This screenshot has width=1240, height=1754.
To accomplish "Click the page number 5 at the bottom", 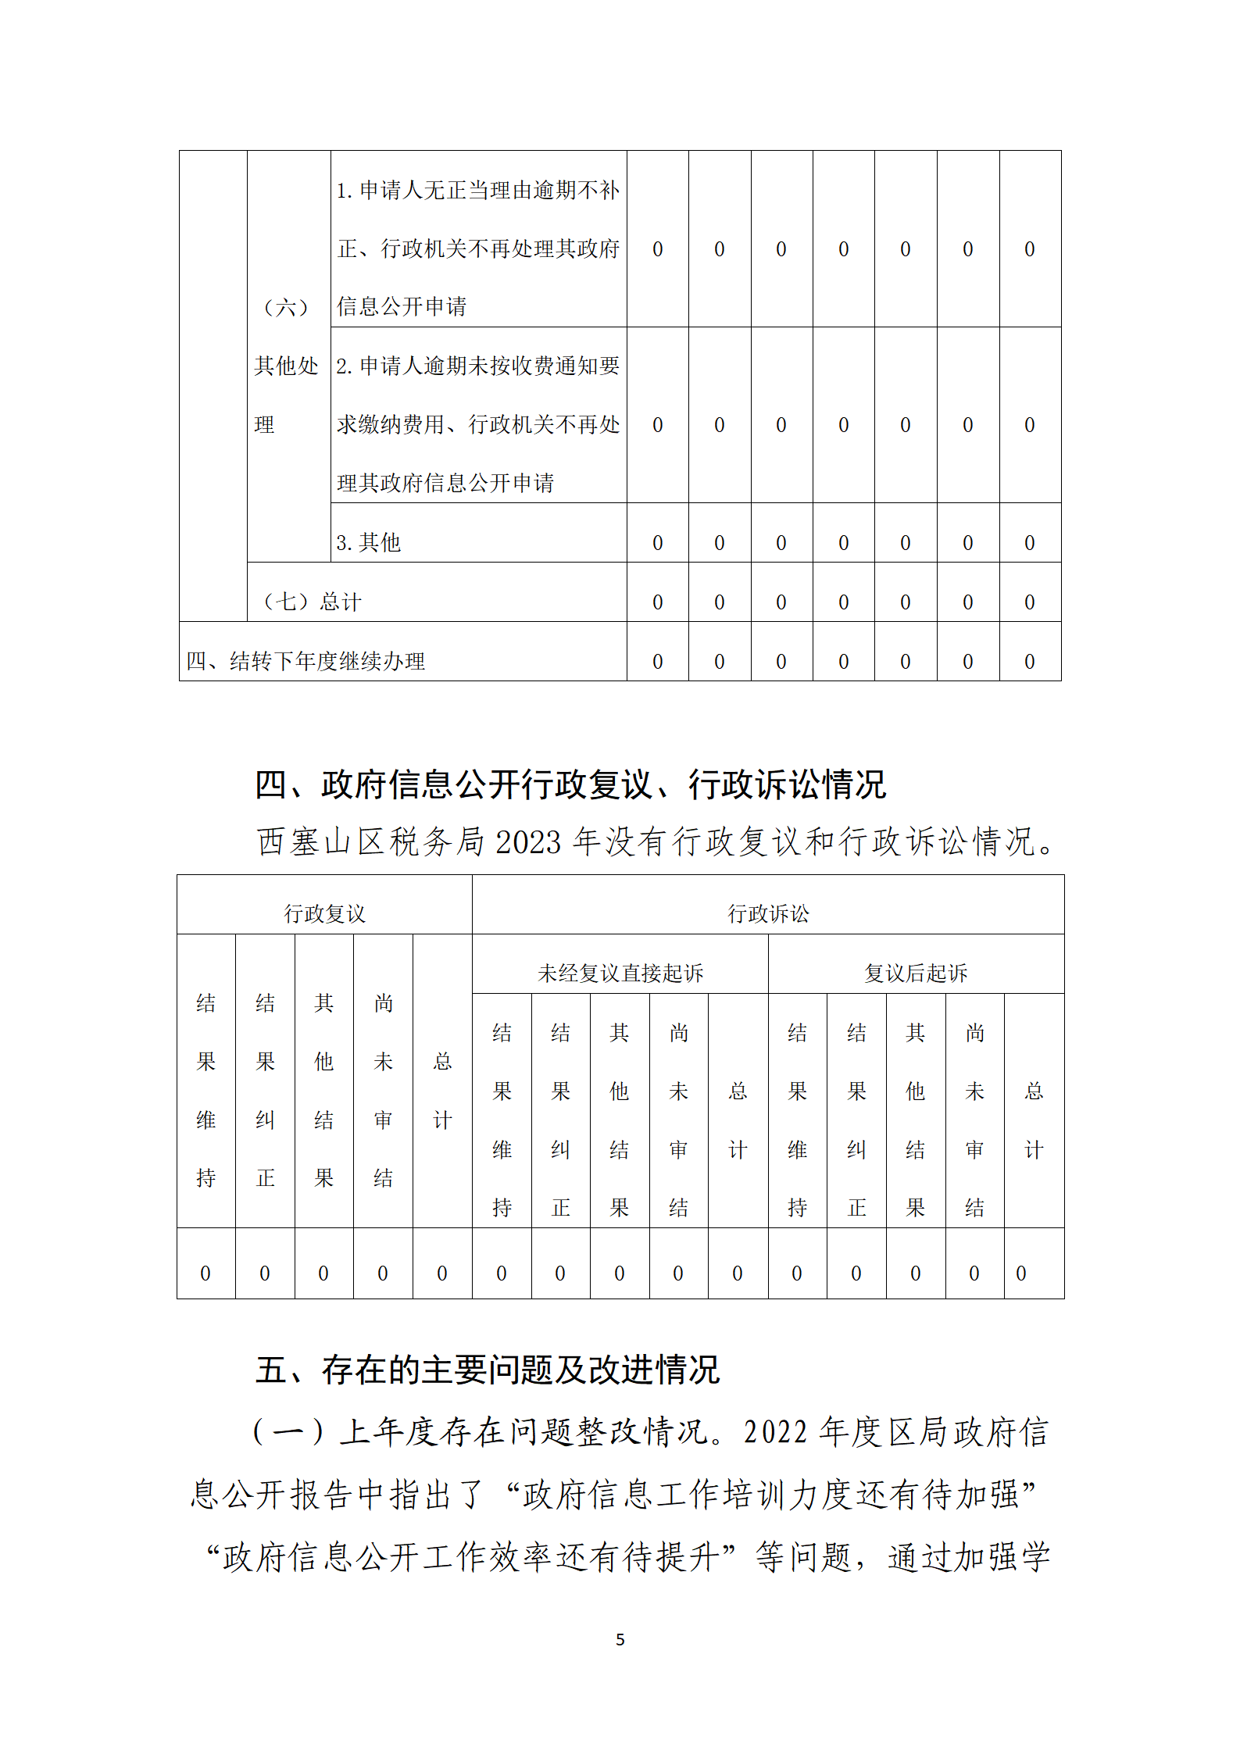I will tap(620, 1639).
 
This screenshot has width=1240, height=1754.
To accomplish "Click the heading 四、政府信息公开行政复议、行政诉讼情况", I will tap(570, 784).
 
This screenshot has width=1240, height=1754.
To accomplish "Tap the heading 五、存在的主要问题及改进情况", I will tap(487, 1370).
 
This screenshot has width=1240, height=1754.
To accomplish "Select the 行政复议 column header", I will tap(324, 913).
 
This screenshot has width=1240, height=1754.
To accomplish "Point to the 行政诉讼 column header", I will tap(768, 913).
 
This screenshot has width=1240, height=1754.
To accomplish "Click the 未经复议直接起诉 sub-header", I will tap(620, 973).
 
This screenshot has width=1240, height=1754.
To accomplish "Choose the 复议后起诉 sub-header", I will tap(916, 973).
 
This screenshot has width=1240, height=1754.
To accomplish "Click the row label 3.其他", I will tap(368, 542).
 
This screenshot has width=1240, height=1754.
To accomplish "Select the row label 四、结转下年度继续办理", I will tap(306, 661).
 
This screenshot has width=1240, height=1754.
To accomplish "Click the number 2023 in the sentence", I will tap(528, 842).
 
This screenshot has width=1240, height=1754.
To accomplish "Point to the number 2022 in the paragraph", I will tap(775, 1432).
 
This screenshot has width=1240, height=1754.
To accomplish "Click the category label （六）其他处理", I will tap(287, 365).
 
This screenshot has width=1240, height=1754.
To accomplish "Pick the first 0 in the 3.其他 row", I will tap(657, 543).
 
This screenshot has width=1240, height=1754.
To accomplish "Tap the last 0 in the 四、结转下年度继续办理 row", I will tap(1029, 662).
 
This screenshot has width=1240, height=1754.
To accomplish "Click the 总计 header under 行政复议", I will tap(442, 1090).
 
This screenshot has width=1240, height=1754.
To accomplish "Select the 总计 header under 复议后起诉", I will tap(1034, 1120).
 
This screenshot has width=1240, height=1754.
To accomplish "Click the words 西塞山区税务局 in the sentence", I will tap(370, 842).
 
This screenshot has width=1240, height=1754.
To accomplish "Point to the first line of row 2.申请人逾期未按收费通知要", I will tap(478, 366).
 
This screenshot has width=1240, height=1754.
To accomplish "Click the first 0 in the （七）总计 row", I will tap(657, 602).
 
